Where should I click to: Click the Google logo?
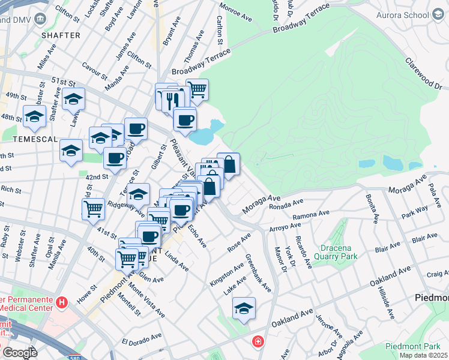[19, 353]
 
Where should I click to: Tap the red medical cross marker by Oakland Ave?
[258, 341]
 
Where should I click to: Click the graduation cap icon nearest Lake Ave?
[244, 308]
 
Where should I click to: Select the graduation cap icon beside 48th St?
[35, 116]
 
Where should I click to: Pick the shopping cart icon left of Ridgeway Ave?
[93, 209]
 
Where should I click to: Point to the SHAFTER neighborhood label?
[60, 35]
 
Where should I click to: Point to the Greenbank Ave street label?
[259, 273]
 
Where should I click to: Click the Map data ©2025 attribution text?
[423, 355]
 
